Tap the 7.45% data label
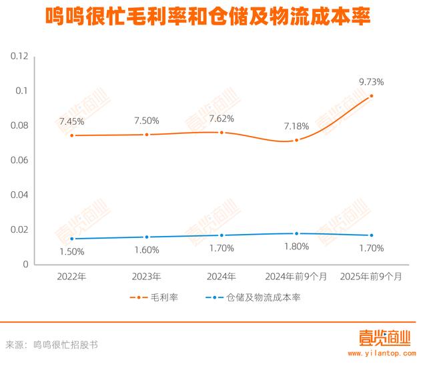(x=71, y=121)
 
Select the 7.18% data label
(x=296, y=126)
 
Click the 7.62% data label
(x=222, y=119)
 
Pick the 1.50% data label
(x=71, y=251)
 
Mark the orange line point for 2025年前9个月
(x=372, y=96)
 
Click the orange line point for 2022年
(x=71, y=135)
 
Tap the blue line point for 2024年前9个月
(x=296, y=233)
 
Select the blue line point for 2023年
(x=146, y=237)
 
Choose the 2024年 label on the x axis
(x=222, y=275)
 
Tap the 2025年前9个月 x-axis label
(x=372, y=275)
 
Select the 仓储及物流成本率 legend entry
(x=254, y=297)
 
